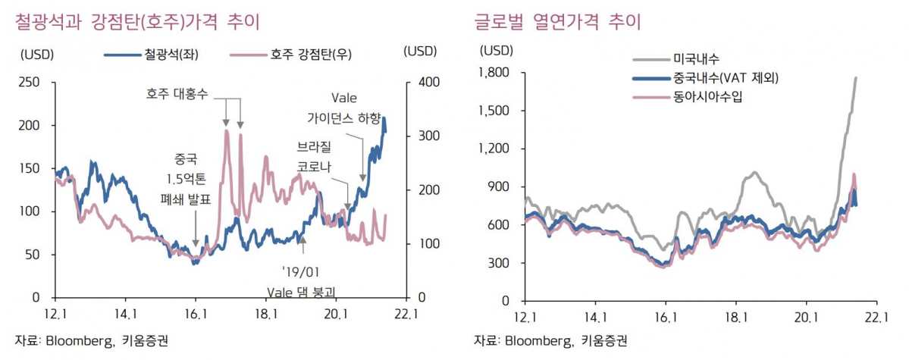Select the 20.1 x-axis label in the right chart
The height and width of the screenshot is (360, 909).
click(807, 316)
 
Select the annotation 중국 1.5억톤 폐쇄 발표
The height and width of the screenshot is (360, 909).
click(185, 179)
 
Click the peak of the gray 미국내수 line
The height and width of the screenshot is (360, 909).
click(856, 77)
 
